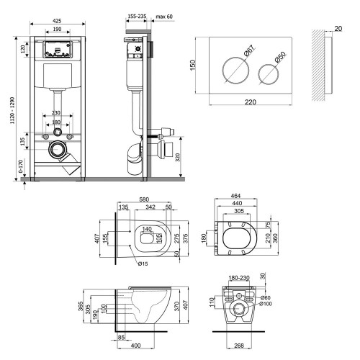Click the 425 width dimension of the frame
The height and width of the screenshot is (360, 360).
coord(57,21)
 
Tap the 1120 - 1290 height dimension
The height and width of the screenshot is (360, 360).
coord(12,110)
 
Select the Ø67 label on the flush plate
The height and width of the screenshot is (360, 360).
coord(249,50)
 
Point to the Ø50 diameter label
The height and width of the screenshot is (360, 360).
coord(280,58)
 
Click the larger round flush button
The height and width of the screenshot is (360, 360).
coord(235,71)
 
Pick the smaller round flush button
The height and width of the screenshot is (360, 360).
coord(269,74)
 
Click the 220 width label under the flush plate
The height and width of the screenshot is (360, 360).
coord(251,102)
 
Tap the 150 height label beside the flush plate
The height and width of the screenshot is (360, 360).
coord(193,65)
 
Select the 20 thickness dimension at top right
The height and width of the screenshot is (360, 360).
coord(338,29)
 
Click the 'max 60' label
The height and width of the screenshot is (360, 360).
coord(164,17)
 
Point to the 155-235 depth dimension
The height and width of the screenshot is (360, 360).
coord(137,17)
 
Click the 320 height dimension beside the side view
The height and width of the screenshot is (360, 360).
coord(177,158)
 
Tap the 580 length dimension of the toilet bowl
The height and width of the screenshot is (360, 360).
coord(144,199)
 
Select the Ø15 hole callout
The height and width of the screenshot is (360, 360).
coord(143,264)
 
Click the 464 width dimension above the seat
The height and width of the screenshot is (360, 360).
coord(235,196)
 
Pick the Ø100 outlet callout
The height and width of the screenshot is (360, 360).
coord(266,304)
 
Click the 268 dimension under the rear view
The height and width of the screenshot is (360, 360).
coord(239,346)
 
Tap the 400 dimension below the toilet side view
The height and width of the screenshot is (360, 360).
coord(136,346)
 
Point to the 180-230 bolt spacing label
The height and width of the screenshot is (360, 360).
coord(239,278)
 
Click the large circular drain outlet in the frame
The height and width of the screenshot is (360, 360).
coord(58,149)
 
